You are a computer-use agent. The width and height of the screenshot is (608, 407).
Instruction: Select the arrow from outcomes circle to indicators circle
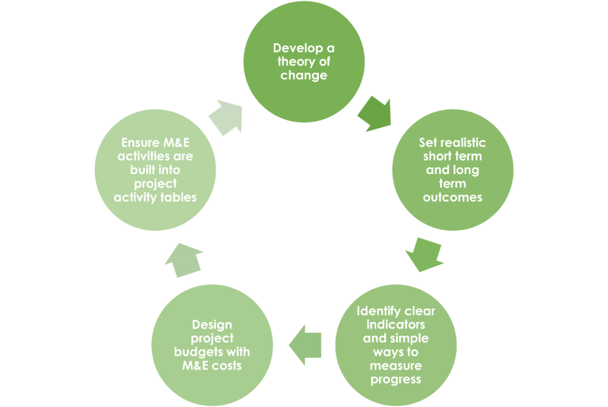425,254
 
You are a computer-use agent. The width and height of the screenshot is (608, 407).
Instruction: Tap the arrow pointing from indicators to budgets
306,345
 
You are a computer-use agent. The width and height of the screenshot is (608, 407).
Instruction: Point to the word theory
291,62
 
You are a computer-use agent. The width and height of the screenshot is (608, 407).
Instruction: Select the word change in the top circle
304,75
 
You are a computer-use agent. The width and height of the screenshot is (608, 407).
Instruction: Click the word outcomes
452,197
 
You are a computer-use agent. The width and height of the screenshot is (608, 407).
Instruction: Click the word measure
396,365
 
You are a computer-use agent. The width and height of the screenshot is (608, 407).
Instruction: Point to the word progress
395,379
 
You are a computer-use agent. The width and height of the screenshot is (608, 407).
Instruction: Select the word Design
212,325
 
